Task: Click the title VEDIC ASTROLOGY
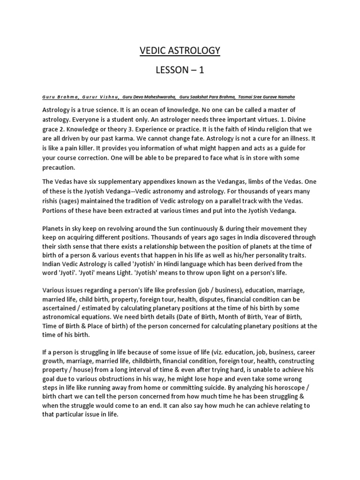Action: click(180, 51)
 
